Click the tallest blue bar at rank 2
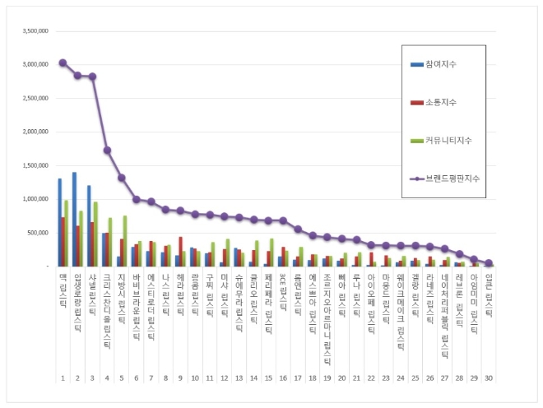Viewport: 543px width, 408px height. click(x=74, y=219)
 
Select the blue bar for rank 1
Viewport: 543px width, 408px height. click(x=59, y=222)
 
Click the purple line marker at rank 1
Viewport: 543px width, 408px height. click(x=63, y=63)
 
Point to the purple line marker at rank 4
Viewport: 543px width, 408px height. click(x=107, y=150)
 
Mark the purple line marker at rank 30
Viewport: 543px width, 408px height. click(x=490, y=263)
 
